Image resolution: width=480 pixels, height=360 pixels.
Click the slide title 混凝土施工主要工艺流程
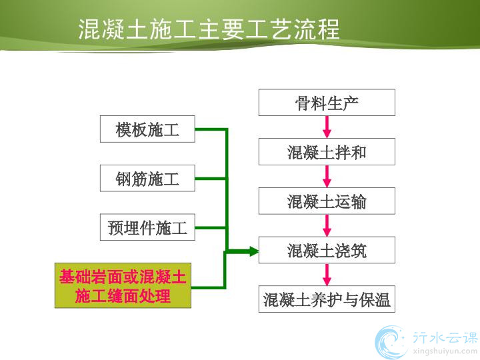pyautogui.click(x=209, y=29)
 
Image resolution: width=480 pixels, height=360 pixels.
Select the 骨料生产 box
pyautogui.click(x=327, y=103)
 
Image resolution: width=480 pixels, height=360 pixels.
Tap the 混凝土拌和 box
pyautogui.click(x=327, y=152)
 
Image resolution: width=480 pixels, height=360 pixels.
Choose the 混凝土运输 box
pyautogui.click(x=327, y=201)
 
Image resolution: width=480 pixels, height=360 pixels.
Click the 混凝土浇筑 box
pyautogui.click(x=327, y=250)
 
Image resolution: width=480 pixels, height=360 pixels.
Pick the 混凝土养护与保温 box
pyautogui.click(x=327, y=299)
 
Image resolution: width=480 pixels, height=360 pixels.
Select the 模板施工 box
pyautogui.click(x=147, y=129)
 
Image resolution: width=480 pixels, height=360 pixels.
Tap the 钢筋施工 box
pyautogui.click(x=147, y=178)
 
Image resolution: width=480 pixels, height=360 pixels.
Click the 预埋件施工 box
pyautogui.click(x=147, y=227)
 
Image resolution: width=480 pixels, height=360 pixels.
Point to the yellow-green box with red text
pyautogui.click(x=123, y=285)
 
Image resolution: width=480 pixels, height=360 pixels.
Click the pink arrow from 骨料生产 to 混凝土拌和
pyautogui.click(x=327, y=127)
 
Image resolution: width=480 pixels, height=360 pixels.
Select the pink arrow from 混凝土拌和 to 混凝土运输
pyautogui.click(x=327, y=176)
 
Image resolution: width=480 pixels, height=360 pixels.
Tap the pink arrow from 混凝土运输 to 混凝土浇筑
pyautogui.click(x=327, y=225)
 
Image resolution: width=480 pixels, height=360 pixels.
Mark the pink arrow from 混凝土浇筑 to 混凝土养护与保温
pyautogui.click(x=327, y=274)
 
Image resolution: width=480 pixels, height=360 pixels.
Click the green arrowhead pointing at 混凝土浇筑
pyautogui.click(x=254, y=251)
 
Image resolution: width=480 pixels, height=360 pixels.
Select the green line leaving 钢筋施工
pyautogui.click(x=211, y=179)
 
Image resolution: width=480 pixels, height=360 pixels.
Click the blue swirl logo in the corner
pyautogui.click(x=391, y=342)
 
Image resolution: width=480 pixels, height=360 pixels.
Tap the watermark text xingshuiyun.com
pyautogui.click(x=445, y=351)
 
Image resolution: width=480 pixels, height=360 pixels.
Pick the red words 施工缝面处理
pyautogui.click(x=123, y=296)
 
